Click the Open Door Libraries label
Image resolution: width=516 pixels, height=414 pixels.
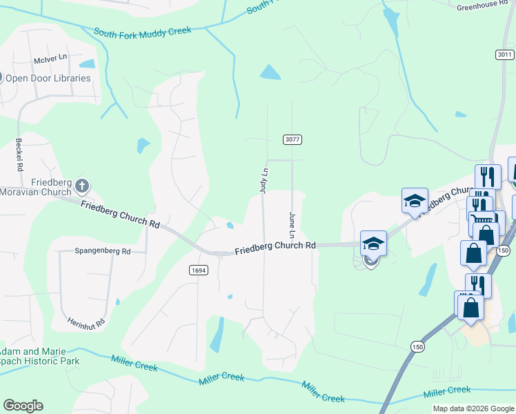(48, 78)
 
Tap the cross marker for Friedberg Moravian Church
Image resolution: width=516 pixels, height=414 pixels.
(82, 186)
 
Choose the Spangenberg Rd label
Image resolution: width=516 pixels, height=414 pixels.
(103, 252)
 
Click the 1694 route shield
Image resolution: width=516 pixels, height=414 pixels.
(198, 271)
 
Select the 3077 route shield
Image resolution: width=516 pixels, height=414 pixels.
(292, 139)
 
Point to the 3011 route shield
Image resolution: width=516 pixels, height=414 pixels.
(505, 55)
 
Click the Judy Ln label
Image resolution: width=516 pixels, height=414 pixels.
(263, 179)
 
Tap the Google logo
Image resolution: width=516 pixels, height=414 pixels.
(23, 406)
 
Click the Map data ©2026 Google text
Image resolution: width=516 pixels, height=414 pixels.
(474, 408)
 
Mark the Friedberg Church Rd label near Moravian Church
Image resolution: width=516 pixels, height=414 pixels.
(120, 213)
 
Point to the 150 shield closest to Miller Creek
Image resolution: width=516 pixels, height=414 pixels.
(417, 346)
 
